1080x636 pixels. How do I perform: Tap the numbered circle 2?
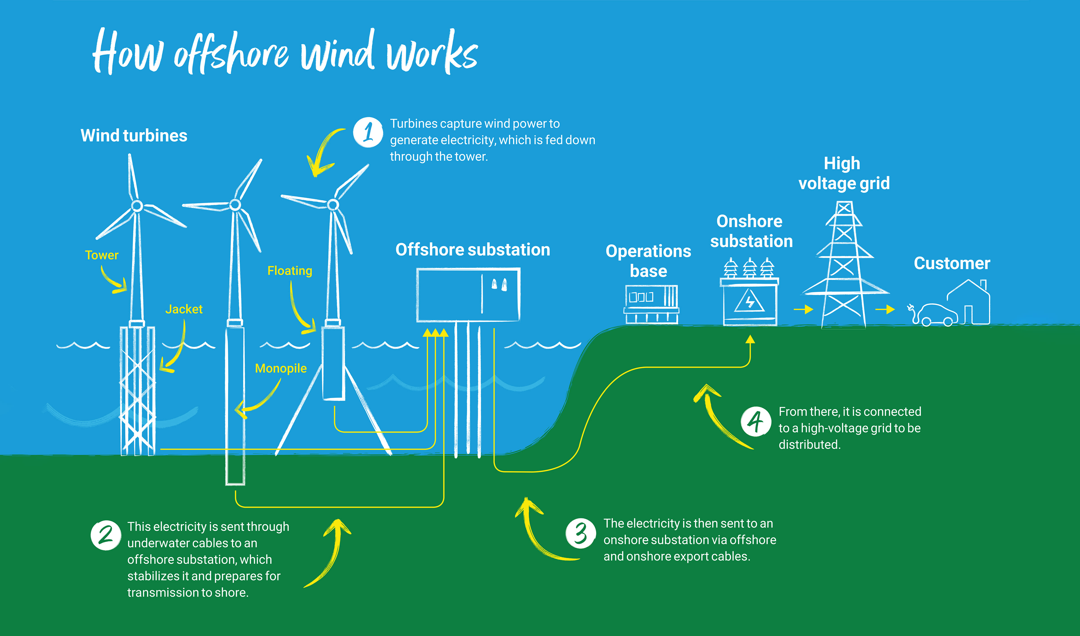coord(105,535)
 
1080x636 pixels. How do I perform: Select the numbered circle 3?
coord(580,534)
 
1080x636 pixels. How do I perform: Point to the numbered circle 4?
coord(755,421)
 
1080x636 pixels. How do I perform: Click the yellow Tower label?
coord(102,255)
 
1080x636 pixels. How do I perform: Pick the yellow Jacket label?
coord(184,309)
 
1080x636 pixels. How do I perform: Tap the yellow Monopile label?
coord(281,368)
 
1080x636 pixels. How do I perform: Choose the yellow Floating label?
coord(290,271)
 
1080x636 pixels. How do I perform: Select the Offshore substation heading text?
coord(473,250)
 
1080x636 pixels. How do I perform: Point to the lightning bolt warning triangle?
coord(749,301)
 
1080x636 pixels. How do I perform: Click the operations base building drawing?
coord(651,304)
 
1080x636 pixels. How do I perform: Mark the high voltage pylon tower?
coord(844,266)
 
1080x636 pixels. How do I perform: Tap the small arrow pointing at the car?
coord(885,309)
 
